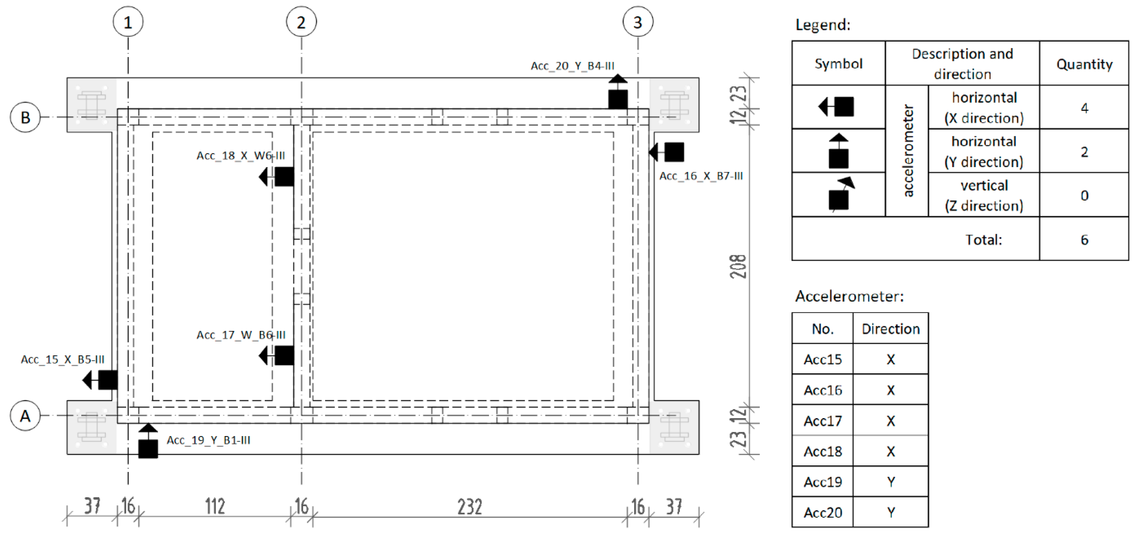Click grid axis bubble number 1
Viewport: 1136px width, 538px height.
coord(128,22)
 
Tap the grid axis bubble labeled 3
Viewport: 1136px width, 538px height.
coord(638,22)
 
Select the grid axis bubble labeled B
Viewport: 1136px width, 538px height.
coord(25,117)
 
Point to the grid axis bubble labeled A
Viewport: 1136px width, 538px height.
coord(25,415)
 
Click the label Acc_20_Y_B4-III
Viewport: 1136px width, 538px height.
coord(572,66)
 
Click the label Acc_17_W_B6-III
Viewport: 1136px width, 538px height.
coord(241,335)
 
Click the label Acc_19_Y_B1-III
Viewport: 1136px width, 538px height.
coord(208,440)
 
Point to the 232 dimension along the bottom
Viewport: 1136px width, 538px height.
coord(469,507)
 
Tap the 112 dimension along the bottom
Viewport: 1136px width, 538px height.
coord(215,507)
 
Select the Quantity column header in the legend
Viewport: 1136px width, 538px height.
coord(1084,64)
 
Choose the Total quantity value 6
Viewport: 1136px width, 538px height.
coord(1084,239)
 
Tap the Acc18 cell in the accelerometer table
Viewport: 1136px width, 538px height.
coord(823,451)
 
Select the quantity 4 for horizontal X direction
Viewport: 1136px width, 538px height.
coord(1084,108)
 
